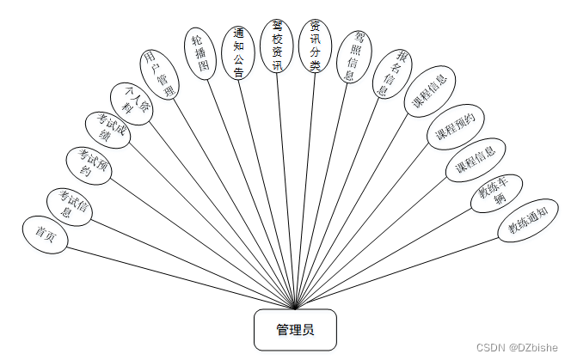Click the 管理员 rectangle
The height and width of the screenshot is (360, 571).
[x=294, y=330]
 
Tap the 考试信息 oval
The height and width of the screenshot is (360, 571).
[x=70, y=207]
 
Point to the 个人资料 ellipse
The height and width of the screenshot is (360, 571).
[x=132, y=102]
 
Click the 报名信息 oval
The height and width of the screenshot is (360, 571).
[x=390, y=75]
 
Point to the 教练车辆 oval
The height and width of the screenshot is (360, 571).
[x=497, y=195]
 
